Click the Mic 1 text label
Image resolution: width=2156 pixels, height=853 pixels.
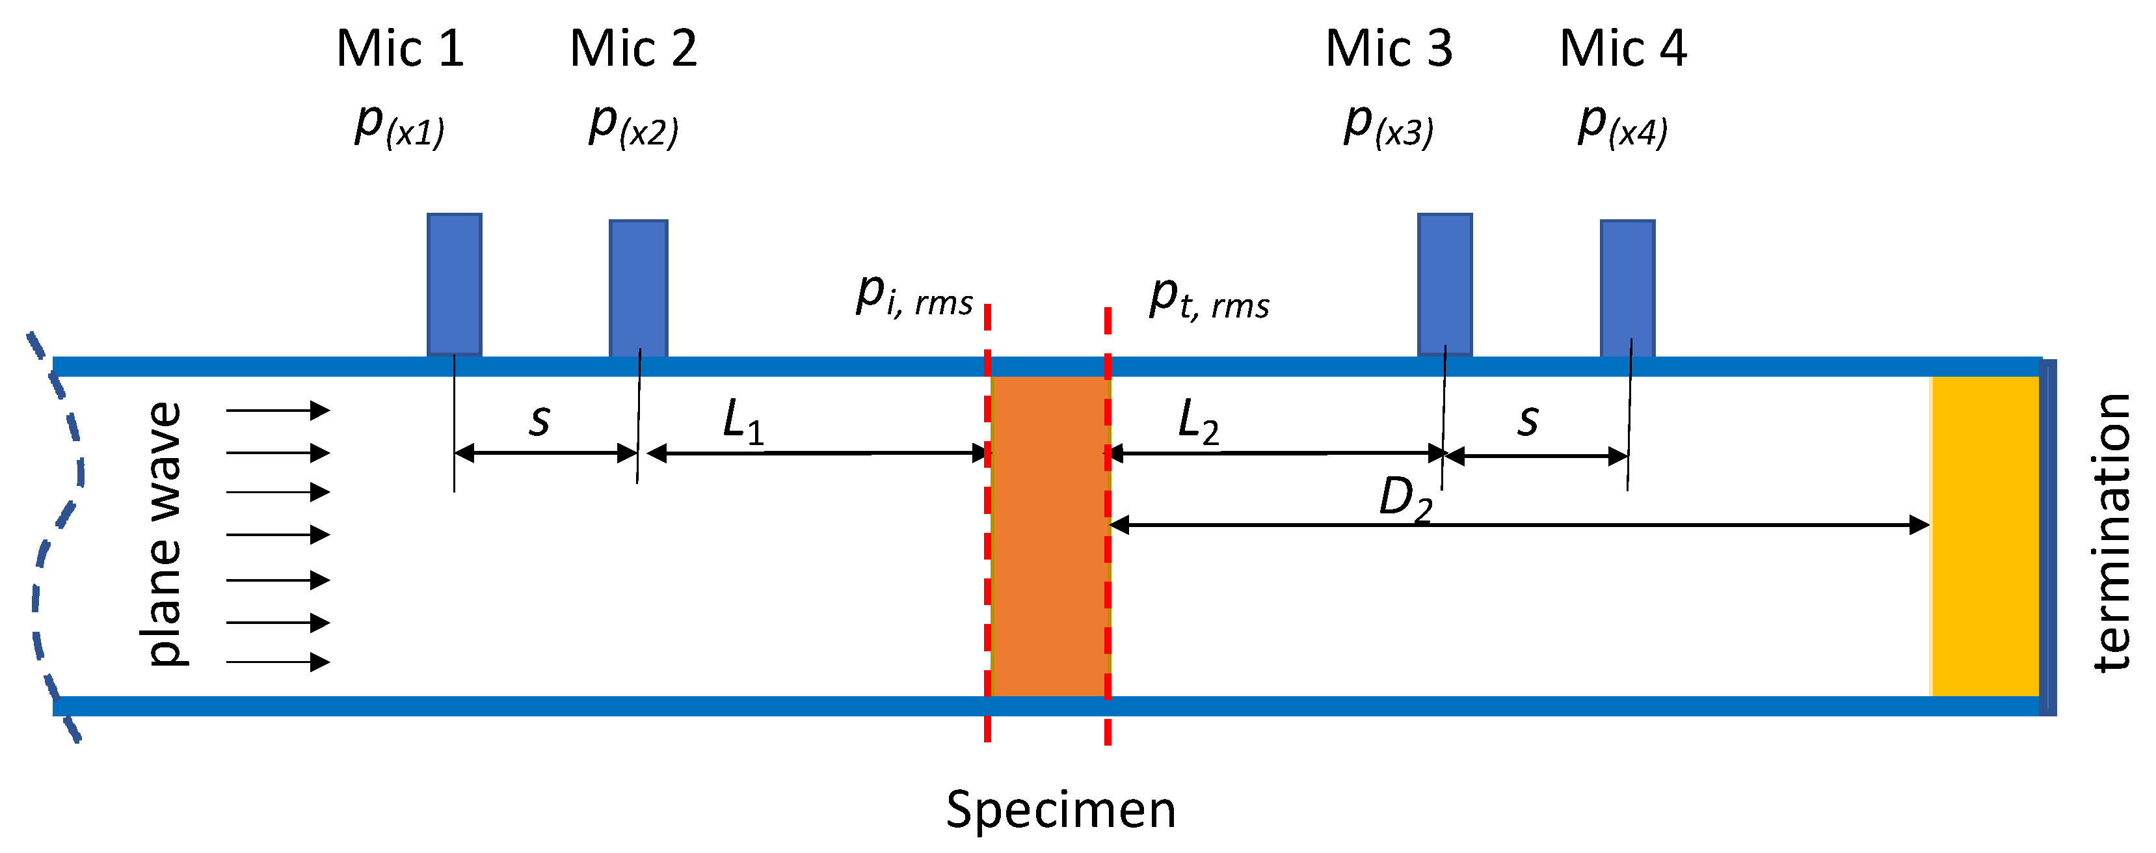(399, 49)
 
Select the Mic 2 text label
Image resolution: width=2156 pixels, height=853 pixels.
(633, 49)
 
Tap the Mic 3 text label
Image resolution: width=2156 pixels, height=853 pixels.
(1389, 49)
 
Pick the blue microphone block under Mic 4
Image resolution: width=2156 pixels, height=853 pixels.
(1627, 288)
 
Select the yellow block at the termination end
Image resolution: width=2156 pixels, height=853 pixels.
(1984, 535)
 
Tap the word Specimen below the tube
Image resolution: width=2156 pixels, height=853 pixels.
(1060, 809)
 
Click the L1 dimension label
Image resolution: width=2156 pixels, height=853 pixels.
(742, 420)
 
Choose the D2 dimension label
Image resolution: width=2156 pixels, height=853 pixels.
(1404, 499)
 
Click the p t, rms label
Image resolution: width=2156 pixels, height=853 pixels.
(1208, 300)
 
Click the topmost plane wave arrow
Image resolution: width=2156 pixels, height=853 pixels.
(278, 410)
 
